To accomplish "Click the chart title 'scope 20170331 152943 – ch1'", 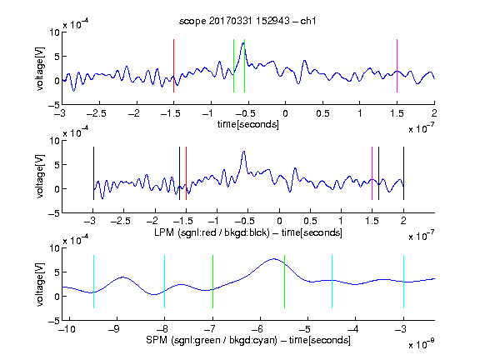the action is point(247,21).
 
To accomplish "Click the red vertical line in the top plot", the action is point(173,66).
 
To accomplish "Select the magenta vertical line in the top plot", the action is point(397,66).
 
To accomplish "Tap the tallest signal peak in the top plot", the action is point(243,43).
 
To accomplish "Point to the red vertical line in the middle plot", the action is point(186,173).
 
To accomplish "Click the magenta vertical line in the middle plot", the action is point(372,173).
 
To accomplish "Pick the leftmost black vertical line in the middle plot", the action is point(93,173).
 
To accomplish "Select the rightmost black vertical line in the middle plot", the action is point(403,173).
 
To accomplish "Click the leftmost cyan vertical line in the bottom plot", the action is point(93,282).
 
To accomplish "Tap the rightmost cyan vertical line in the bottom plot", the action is point(403,282).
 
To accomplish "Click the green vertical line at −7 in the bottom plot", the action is point(212,282).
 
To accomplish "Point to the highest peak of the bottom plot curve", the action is point(273,259).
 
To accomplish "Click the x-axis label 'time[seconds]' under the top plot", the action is point(248,124).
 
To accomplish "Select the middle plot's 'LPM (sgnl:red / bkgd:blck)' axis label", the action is point(212,232).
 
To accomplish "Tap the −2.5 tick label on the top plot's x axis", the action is point(96,113).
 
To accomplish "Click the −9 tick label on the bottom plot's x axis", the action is point(114,329).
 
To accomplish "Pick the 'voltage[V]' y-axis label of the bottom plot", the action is point(40,284).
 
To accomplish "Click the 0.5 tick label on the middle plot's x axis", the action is point(310,221).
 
